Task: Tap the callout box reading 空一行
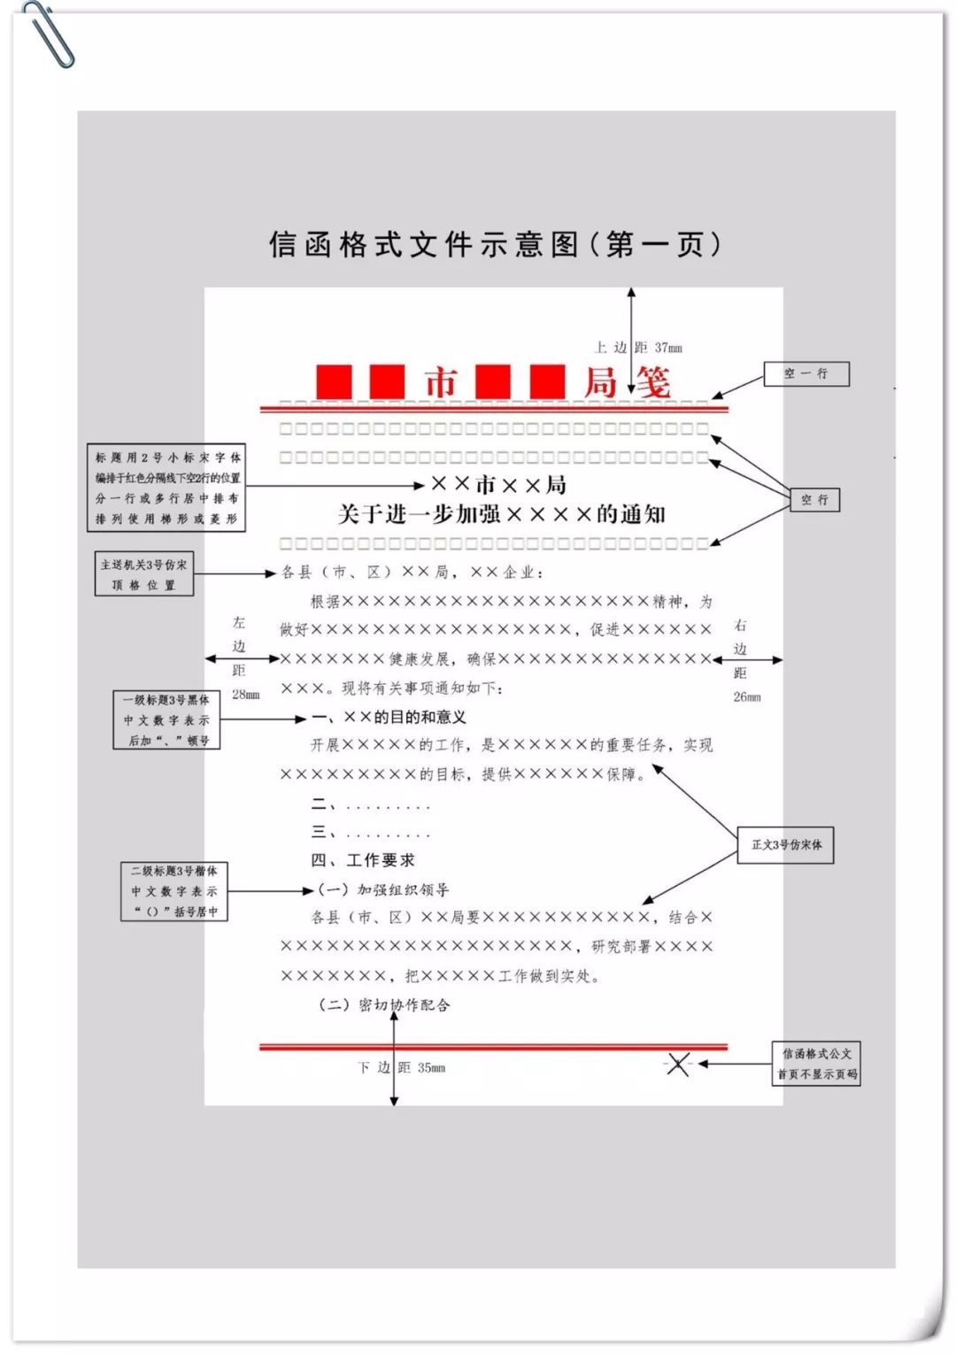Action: tap(806, 373)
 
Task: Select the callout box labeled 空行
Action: tap(814, 500)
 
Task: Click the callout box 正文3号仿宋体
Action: tap(786, 845)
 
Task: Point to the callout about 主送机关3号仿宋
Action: tap(143, 574)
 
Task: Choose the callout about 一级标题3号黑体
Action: tap(166, 719)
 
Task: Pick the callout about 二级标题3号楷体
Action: tap(174, 891)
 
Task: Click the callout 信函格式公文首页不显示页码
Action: tap(816, 1064)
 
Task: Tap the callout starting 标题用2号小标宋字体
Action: tap(166, 489)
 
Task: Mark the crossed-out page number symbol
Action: tap(678, 1064)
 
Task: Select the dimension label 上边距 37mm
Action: tap(637, 348)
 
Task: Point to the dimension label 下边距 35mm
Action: tap(401, 1068)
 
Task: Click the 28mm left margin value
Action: tap(245, 695)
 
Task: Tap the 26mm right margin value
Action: tap(746, 697)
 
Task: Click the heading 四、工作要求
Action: tap(363, 860)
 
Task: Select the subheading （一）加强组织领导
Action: tap(382, 889)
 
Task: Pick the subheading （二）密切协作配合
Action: tap(384, 1005)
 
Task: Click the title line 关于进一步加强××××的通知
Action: tap(501, 514)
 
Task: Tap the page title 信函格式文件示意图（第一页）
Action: tap(495, 244)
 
